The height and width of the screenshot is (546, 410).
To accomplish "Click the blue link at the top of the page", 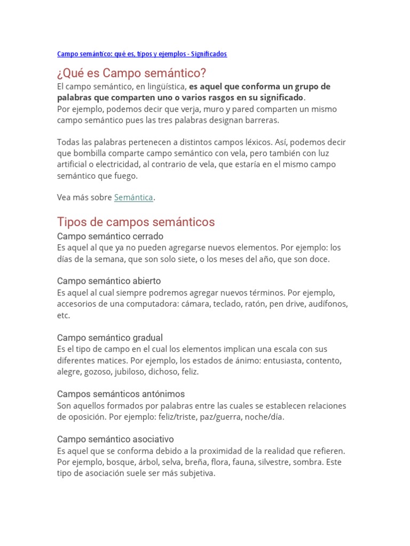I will [141, 54].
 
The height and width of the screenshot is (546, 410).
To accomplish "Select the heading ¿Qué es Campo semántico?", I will [131, 73].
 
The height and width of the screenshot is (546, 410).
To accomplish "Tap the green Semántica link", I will [133, 197].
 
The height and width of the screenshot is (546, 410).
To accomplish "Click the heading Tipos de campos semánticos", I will [136, 222].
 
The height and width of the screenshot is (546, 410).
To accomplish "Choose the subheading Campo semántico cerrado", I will [110, 236].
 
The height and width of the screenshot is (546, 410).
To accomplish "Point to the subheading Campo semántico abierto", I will [109, 281].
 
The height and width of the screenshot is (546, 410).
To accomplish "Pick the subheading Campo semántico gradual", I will [110, 338].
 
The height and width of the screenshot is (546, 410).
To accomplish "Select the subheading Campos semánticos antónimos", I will [121, 394].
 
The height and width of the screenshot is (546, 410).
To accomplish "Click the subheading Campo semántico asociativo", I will [115, 439].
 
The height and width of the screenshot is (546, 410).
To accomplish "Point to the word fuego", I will [127, 175].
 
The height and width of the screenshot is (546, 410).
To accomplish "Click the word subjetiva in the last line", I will [197, 473].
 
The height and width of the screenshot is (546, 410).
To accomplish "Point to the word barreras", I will [262, 120].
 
